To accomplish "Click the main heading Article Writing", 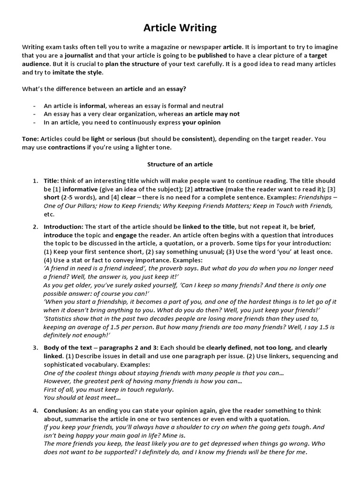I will pos(180,28).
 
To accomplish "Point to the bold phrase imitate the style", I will pos(77,72).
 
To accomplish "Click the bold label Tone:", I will pos(30,139).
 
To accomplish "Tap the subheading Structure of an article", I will pos(180,164).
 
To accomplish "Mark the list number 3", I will pos(35,348).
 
